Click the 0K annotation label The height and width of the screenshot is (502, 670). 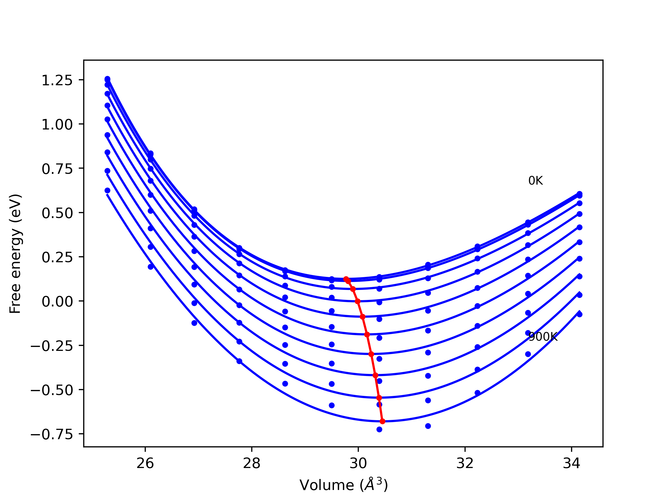click(535, 181)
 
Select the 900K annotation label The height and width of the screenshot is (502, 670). click(543, 337)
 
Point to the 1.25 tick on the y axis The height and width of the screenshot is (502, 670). click(57, 81)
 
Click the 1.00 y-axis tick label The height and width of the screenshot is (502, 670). click(57, 125)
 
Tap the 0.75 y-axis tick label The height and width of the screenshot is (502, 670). click(57, 169)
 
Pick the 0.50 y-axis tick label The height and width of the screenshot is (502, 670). click(57, 213)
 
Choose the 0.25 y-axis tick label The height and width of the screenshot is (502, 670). click(57, 258)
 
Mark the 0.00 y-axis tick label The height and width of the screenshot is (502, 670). click(57, 302)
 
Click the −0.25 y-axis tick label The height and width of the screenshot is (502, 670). click(52, 346)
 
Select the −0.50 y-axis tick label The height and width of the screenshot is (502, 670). click(52, 390)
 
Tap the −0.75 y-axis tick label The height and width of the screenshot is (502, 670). click(52, 435)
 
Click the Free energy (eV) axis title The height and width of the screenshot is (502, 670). click(15, 254)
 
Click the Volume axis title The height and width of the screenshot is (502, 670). click(343, 485)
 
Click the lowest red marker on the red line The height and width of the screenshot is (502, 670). click(382, 421)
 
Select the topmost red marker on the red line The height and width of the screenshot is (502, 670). click(346, 279)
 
